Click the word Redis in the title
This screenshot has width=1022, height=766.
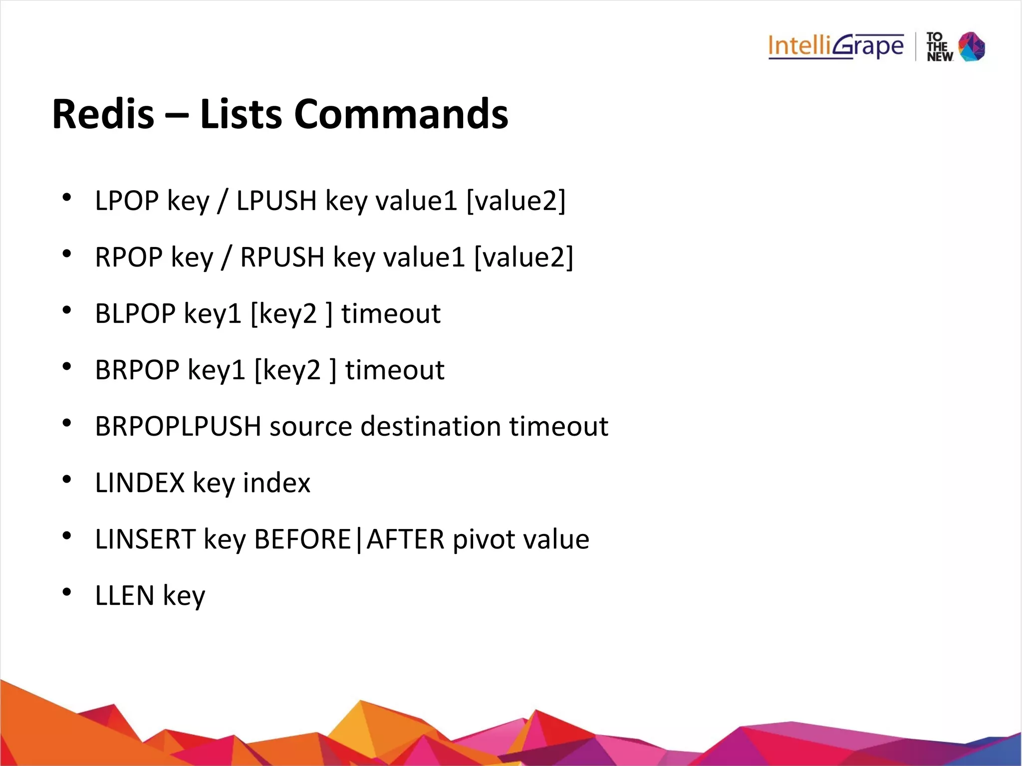click(103, 114)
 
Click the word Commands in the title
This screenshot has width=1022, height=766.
click(401, 114)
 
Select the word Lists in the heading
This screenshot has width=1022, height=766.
click(241, 114)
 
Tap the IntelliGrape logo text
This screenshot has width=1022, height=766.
click(835, 46)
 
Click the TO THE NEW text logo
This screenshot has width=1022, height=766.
click(939, 47)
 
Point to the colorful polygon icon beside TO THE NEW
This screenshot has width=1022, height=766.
click(972, 46)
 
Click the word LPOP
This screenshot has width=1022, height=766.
click(127, 201)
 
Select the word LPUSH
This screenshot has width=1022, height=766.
click(276, 201)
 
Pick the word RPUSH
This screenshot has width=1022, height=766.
click(282, 257)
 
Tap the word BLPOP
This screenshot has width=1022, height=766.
click(135, 314)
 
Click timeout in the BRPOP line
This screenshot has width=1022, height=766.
click(395, 370)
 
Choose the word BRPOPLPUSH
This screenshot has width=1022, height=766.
click(178, 427)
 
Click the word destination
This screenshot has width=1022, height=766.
click(430, 427)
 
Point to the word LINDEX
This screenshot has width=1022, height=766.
click(140, 483)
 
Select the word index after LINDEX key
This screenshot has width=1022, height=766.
click(276, 483)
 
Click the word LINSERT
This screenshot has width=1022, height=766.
click(145, 539)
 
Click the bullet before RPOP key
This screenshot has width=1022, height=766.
click(66, 254)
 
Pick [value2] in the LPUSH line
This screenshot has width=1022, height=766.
click(516, 201)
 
